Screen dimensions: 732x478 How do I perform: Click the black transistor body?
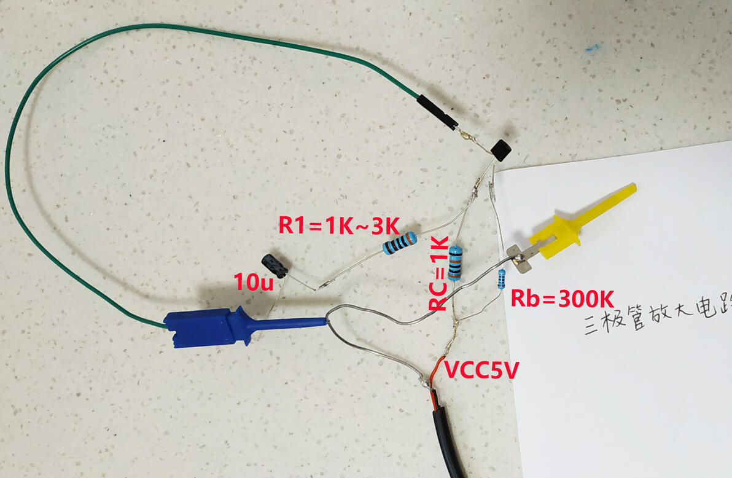501,151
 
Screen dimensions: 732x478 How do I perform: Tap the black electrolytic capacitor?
275,265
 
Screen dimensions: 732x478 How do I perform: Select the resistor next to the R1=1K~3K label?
400,243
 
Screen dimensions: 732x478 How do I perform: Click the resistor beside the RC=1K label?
454,262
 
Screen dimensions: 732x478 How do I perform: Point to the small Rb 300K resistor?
501,280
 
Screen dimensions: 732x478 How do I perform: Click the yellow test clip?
582,222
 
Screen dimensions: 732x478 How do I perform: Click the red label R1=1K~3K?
339,225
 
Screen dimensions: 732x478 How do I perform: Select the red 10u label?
253,282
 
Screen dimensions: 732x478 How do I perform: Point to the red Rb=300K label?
562,299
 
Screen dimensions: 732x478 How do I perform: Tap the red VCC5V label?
481,370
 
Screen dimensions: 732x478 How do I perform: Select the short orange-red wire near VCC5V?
437,374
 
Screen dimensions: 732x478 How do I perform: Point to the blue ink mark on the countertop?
593,48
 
